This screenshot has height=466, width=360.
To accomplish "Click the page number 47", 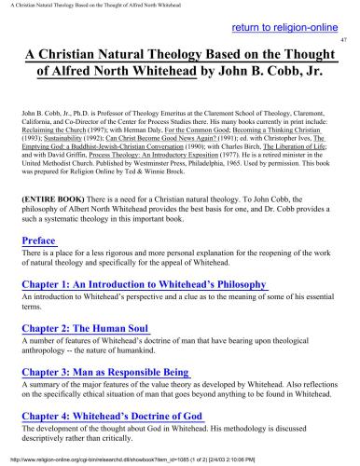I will pyautogui.click(x=344, y=42).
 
